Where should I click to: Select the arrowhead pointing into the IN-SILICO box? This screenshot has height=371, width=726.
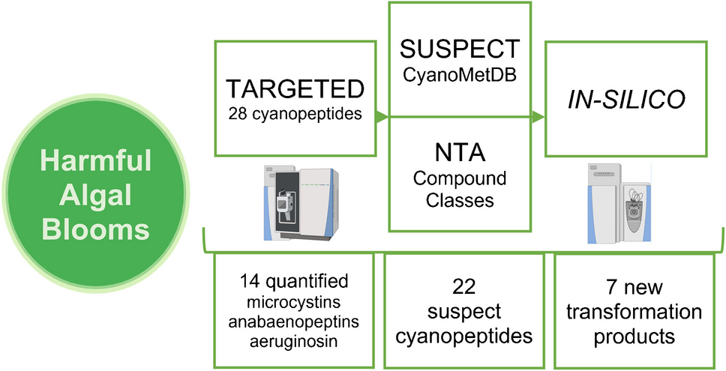[x=539, y=117]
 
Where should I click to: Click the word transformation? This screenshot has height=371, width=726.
[x=634, y=311]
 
